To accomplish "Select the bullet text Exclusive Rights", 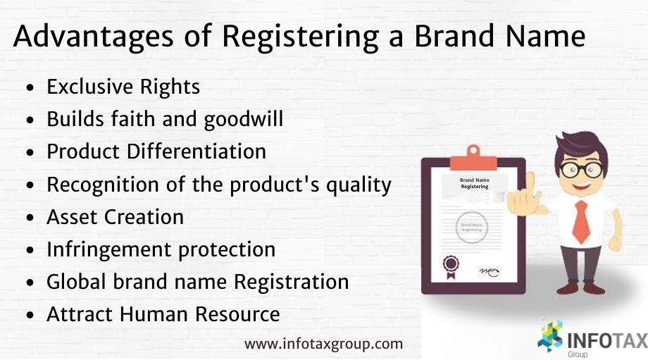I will coord(123,87).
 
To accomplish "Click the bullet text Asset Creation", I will coord(115,218).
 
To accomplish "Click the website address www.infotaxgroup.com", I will coord(324,345).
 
